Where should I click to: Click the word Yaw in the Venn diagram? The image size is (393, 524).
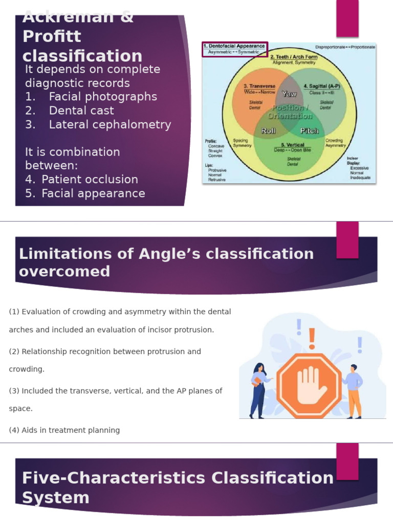(289, 94)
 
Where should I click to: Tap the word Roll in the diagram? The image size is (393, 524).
(269, 130)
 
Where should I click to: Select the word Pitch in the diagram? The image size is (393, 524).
(309, 130)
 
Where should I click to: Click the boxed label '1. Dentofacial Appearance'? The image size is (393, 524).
(235, 46)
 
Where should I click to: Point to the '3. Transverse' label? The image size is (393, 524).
(259, 86)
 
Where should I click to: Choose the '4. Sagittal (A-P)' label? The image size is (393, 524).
(321, 86)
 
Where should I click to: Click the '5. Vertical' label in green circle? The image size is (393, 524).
(293, 145)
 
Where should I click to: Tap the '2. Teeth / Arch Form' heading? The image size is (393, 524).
(294, 57)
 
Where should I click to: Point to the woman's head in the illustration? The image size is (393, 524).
(259, 368)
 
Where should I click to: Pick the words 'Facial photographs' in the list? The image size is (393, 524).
(103, 97)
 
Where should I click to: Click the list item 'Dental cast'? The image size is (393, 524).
(81, 111)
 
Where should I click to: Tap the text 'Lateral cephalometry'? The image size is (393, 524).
(110, 124)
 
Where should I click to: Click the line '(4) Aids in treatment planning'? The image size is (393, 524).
(64, 430)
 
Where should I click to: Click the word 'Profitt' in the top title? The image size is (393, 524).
(52, 37)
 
